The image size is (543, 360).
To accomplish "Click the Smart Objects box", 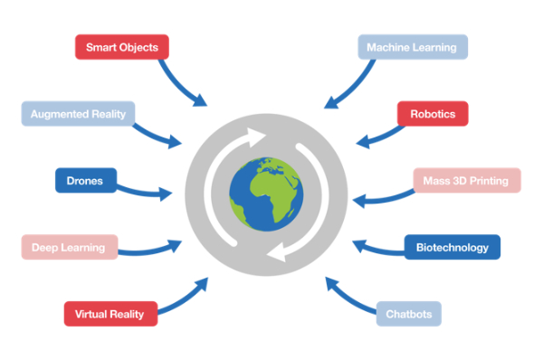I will click(x=122, y=47).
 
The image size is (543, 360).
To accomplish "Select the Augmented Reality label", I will click(x=79, y=114).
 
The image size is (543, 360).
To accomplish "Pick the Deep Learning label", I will click(x=69, y=247).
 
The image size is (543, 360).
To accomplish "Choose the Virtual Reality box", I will click(x=110, y=313).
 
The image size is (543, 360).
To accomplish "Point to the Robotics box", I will click(x=433, y=114).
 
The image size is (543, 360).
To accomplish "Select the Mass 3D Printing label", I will click(x=466, y=180).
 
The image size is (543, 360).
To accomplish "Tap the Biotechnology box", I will click(x=452, y=247).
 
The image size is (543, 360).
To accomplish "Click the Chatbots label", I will click(x=409, y=314).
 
